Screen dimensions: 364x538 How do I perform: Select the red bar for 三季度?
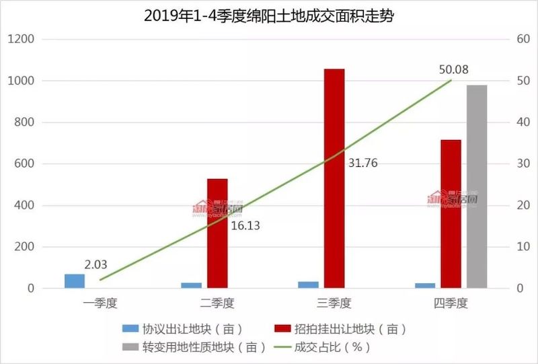coord(334,178)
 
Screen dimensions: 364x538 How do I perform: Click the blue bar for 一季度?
coord(75,281)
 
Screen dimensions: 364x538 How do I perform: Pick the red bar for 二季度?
coord(217,233)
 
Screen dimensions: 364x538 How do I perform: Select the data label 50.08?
coord(454,69)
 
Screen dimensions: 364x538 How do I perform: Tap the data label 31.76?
coord(363,163)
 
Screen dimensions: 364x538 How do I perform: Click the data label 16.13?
coord(245,226)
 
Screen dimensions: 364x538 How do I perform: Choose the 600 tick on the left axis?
coord(24,164)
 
